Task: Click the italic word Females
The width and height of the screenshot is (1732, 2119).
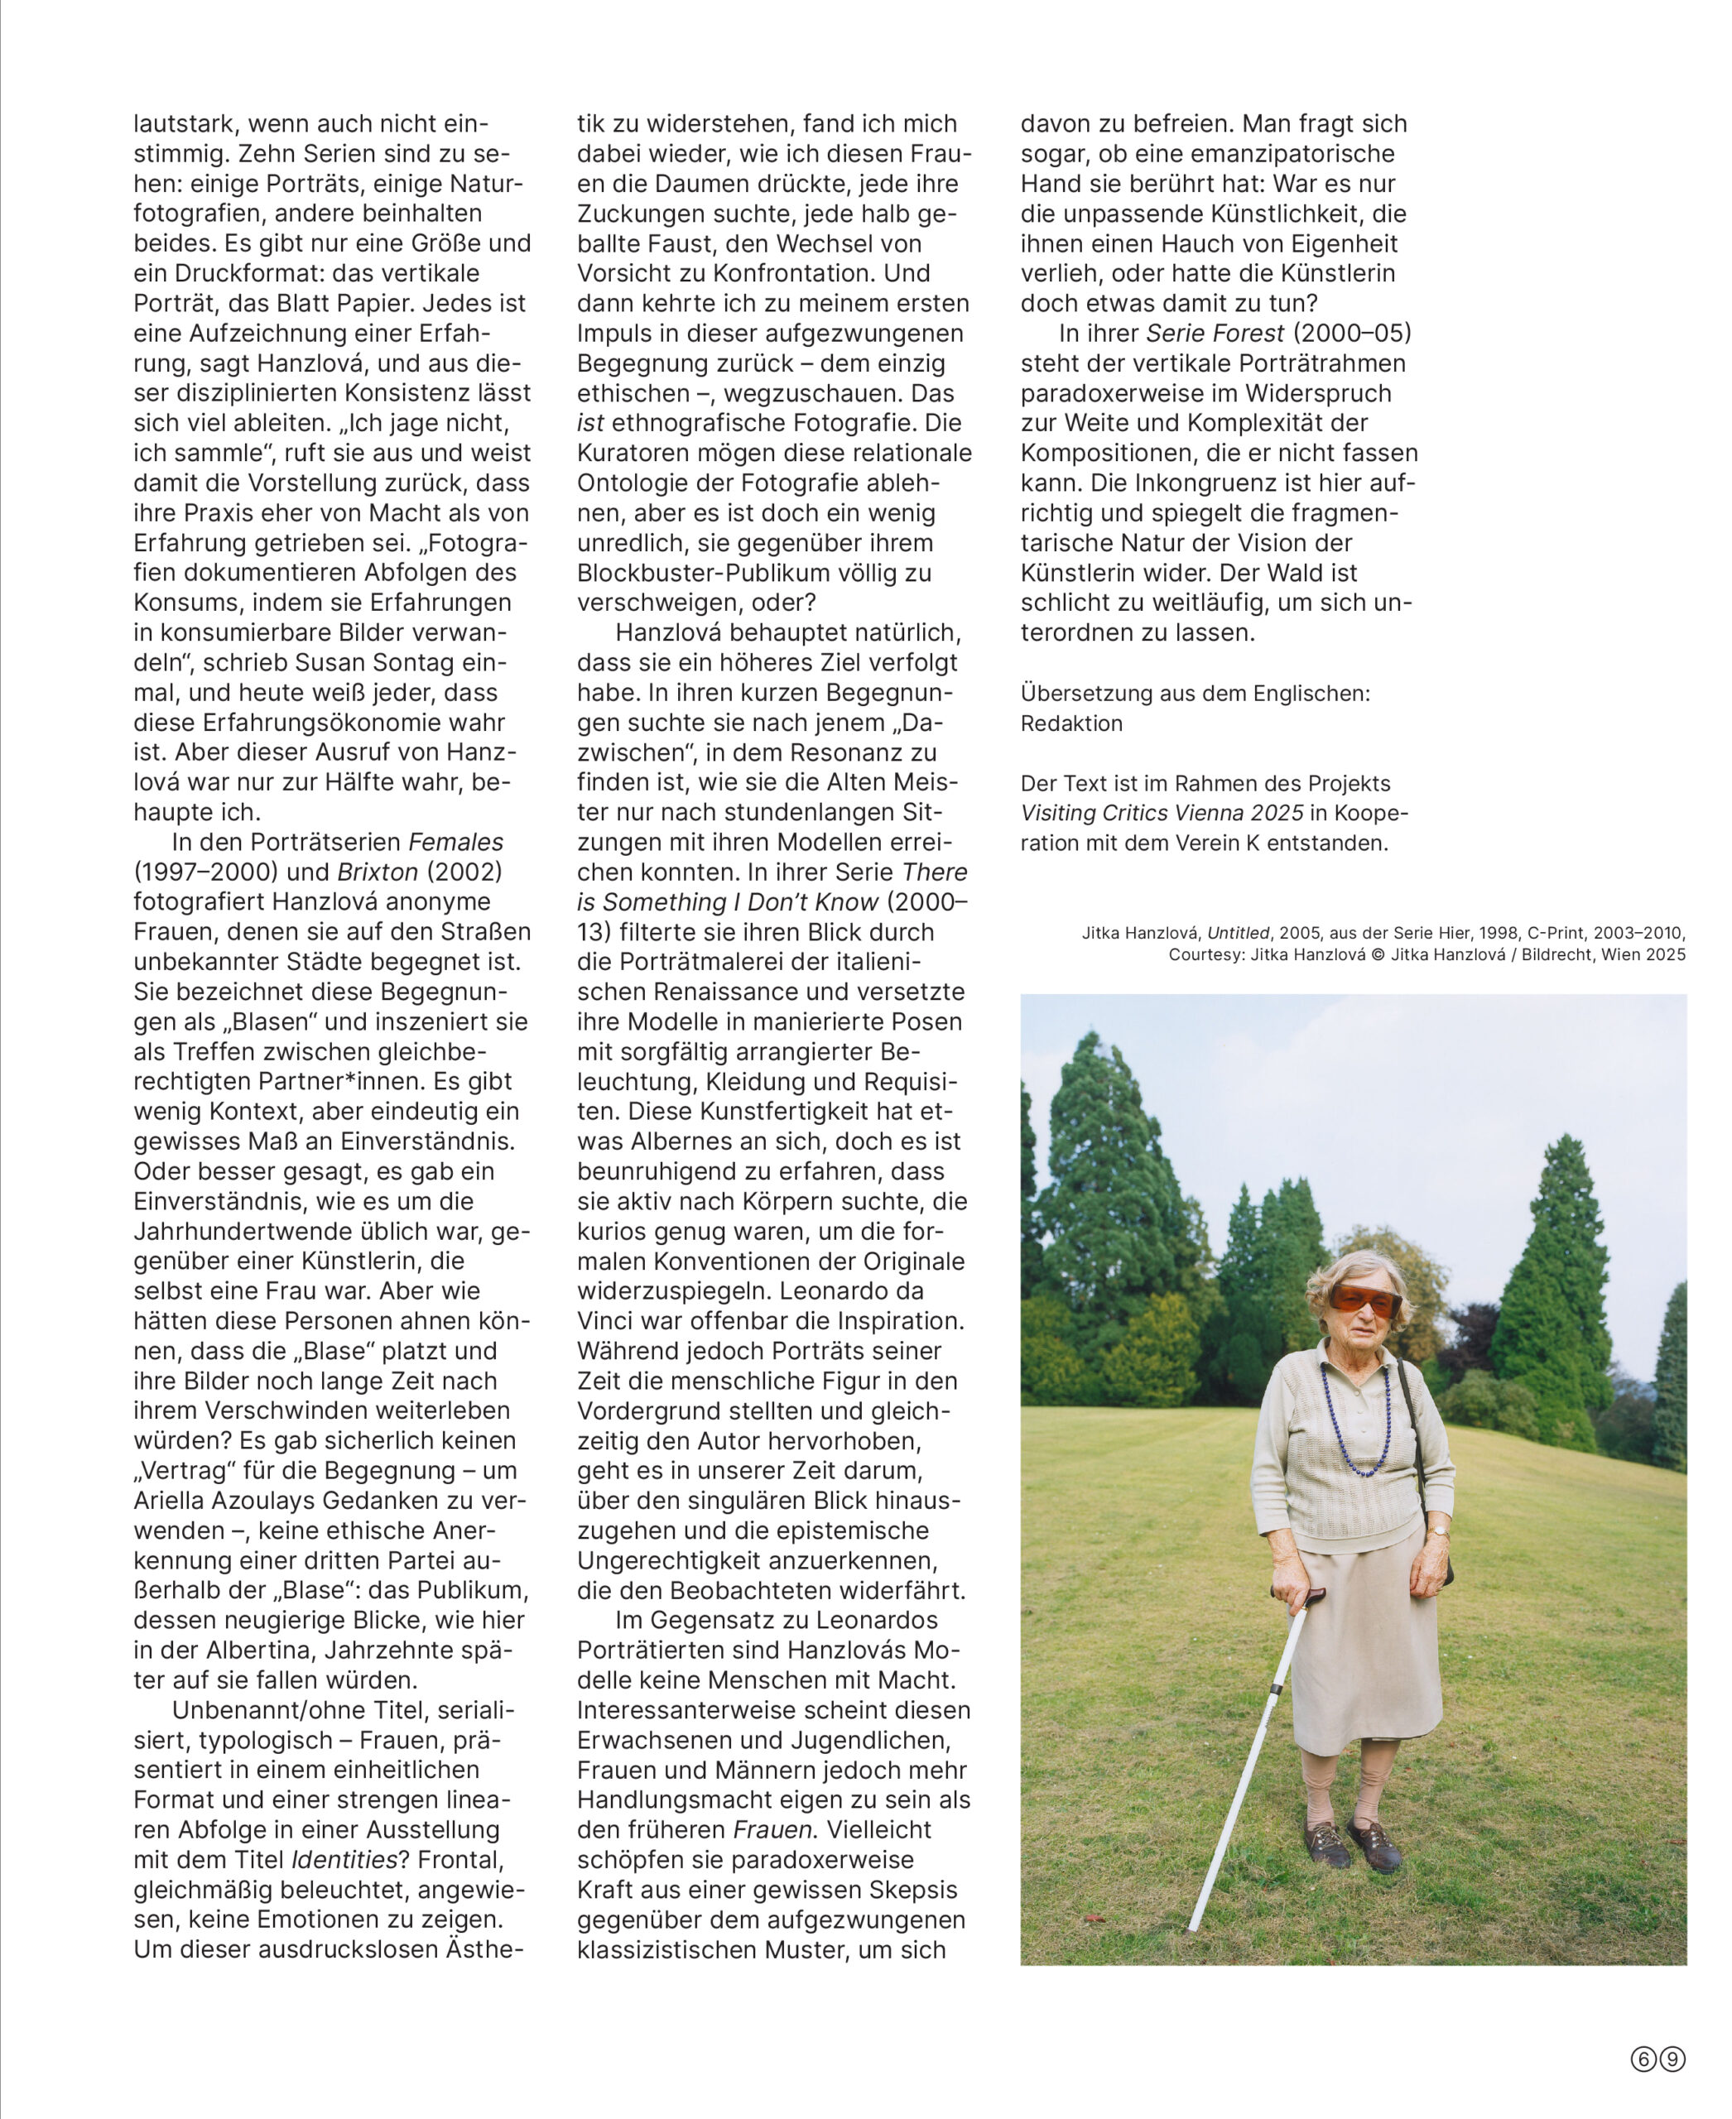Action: click(456, 842)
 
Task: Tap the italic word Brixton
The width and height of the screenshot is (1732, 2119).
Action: click(378, 872)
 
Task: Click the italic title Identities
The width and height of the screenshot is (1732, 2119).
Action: click(344, 1860)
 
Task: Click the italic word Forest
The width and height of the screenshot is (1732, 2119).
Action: click(1248, 334)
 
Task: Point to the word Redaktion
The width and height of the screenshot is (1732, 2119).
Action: click(1070, 723)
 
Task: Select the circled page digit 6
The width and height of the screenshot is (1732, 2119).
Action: click(1643, 2058)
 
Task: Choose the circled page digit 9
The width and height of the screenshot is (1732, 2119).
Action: click(1673, 2058)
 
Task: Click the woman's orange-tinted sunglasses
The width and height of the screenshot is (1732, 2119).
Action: click(1366, 1300)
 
